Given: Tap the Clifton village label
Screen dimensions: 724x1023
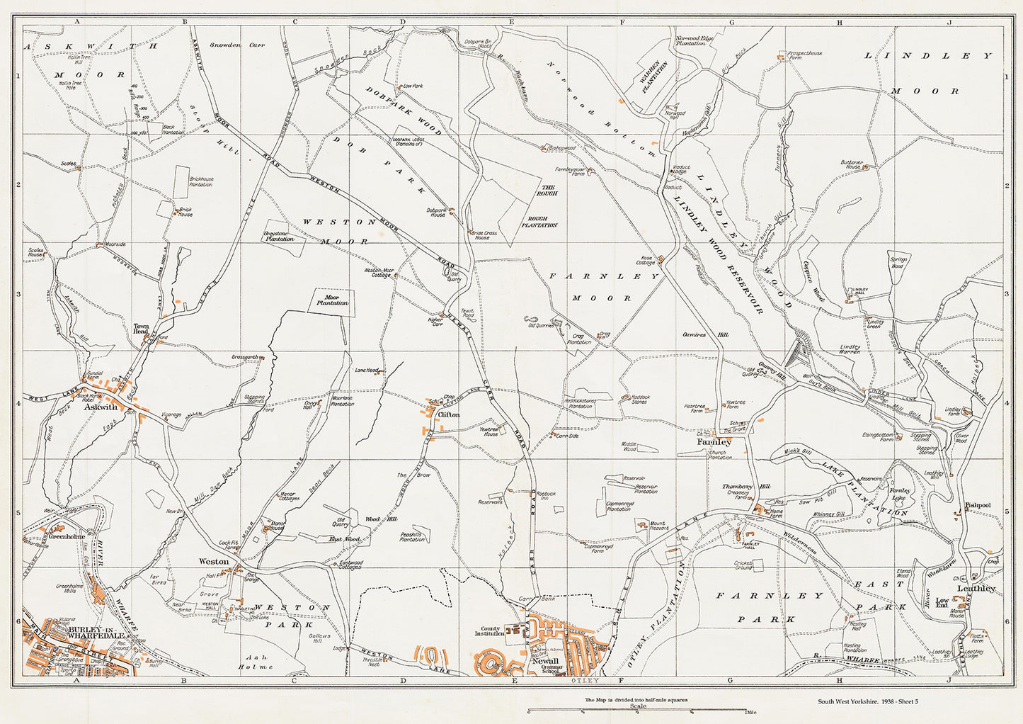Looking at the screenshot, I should pyautogui.click(x=449, y=414).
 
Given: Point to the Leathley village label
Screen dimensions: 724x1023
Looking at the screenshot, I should pyautogui.click(x=976, y=589).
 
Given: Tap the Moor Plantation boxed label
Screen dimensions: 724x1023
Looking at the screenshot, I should pyautogui.click(x=332, y=300).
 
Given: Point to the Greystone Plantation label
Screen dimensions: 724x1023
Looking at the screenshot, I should pyautogui.click(x=279, y=238).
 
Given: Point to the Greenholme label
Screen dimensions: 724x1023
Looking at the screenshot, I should pyautogui.click(x=67, y=537).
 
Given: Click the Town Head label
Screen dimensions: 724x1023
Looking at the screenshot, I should pyautogui.click(x=141, y=329).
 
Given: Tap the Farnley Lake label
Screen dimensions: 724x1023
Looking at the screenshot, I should pyautogui.click(x=900, y=493).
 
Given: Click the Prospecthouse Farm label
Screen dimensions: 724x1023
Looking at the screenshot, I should pyautogui.click(x=805, y=55).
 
